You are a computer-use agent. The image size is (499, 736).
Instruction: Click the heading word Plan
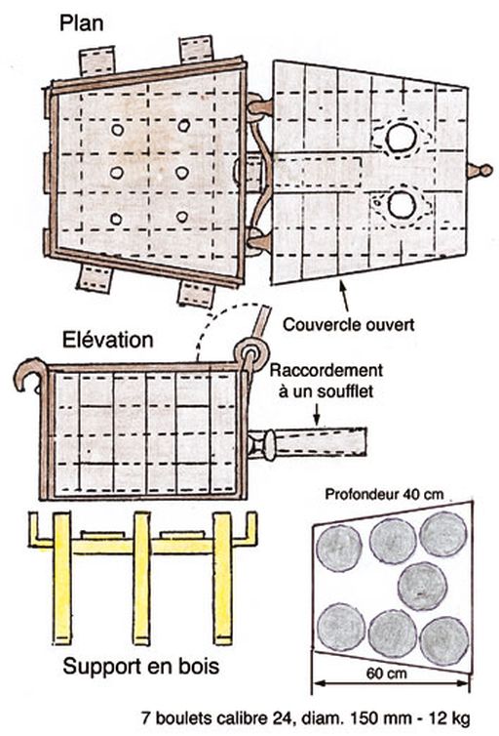coord(81,23)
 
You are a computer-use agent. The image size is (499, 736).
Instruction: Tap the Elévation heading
coord(108,340)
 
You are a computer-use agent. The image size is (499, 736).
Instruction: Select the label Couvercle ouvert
coord(349,324)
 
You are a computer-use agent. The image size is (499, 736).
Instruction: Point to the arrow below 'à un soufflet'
coord(317,414)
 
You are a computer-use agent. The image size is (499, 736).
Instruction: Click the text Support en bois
coord(141,667)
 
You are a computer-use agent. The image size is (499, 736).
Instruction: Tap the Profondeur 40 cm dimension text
coord(384,494)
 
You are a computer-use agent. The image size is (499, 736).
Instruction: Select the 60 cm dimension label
coord(387,674)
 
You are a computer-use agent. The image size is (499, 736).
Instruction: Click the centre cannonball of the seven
coord(422,587)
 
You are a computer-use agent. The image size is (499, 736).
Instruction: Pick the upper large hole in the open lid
coord(402,138)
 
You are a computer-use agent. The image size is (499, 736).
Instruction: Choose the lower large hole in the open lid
coord(402,205)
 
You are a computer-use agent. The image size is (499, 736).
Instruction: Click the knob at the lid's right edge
coord(479,170)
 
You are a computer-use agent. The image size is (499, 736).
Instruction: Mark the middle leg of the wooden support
coord(141,578)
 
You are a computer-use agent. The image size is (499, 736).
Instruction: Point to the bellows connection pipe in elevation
coord(307,441)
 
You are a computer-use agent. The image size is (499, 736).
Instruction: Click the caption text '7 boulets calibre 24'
coord(217,717)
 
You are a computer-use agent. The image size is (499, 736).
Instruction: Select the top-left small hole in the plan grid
coord(117,130)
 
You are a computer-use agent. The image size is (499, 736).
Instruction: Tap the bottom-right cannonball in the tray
coord(444,640)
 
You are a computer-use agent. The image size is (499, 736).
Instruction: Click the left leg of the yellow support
coord(61,578)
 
